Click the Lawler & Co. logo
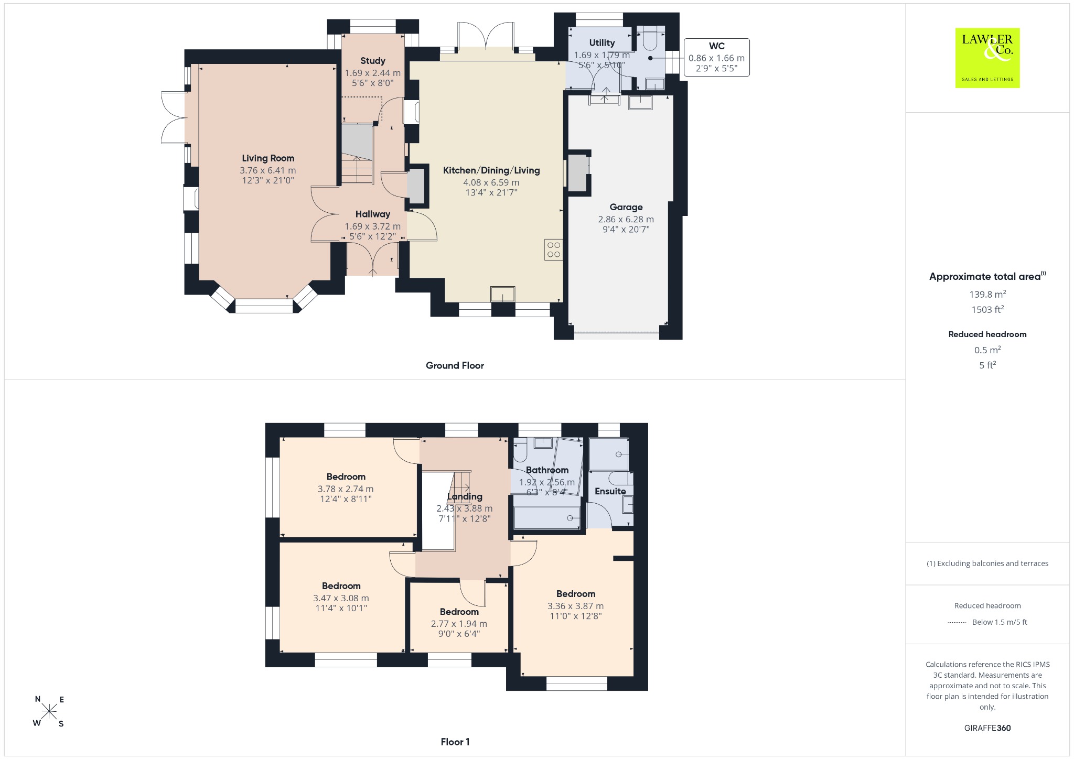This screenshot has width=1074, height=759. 987,58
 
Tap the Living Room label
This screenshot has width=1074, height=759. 268,158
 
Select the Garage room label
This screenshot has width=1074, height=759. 626,207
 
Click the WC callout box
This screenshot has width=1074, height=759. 716,58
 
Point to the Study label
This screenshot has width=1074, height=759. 373,61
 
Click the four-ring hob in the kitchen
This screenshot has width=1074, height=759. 554,250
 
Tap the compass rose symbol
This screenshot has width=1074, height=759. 49,711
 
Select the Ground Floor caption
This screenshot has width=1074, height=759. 455,365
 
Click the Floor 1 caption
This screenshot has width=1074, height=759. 455,742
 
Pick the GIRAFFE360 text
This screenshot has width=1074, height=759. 987,728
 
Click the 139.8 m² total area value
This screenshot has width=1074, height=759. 987,294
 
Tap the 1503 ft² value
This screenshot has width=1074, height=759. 987,309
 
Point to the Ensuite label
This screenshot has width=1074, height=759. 610,491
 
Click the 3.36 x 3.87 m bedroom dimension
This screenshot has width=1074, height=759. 576,606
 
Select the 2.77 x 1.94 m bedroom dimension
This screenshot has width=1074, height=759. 459,624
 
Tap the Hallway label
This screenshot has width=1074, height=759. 373,214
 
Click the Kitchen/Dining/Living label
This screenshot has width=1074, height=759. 491,170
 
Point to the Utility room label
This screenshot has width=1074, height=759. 602,43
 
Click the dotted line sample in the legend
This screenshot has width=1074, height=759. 957,623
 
